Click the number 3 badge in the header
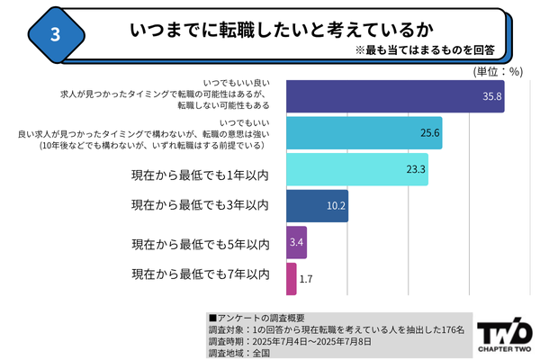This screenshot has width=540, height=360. tap(56, 34)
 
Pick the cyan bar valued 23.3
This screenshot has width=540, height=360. tap(356, 168)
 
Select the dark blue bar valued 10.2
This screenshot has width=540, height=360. tap(317, 206)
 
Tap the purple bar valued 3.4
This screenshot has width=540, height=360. tap(296, 243)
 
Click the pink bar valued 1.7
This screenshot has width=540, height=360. tap(291, 279)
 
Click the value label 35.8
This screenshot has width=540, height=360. tap(490, 96)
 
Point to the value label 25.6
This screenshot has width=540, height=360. tap(428, 133)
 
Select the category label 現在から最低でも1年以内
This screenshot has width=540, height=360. tap(200, 170)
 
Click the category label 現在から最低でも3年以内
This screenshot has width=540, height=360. tap(200, 206)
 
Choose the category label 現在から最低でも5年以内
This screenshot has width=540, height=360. tap(200, 244)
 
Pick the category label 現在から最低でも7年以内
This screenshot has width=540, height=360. tap(200, 274)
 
